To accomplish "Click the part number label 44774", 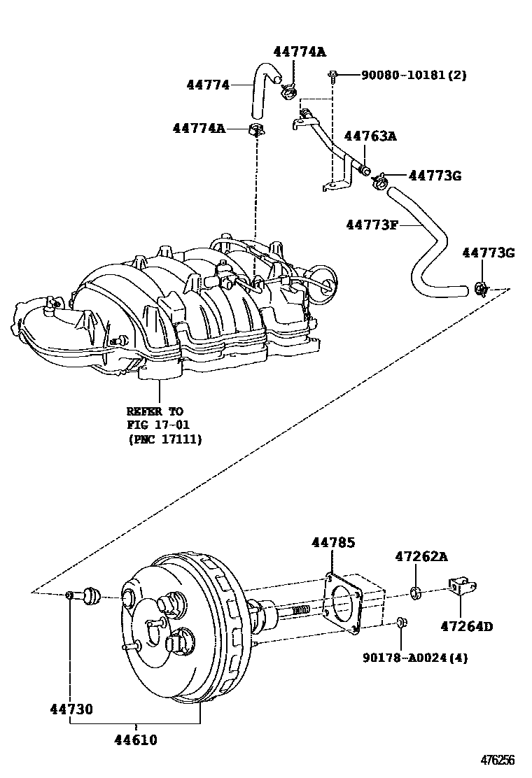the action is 208,85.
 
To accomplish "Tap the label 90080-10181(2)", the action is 414,76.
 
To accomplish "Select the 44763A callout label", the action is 370,136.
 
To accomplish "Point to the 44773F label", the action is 372,225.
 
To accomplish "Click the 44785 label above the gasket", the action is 333,542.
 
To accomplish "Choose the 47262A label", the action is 421,556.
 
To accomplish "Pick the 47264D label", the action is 467,626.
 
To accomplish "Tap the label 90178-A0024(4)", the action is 415,658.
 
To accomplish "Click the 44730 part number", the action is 71,709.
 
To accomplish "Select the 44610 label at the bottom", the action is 136,740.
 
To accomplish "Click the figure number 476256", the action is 497,760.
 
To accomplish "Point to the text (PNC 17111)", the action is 164,439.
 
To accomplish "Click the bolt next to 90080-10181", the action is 332,76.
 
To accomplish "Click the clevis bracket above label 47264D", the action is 461,587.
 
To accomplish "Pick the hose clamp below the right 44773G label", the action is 480,288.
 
